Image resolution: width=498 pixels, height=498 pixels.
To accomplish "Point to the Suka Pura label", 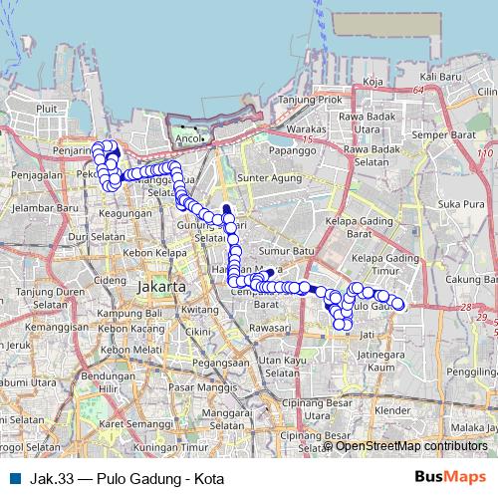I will point(453,204).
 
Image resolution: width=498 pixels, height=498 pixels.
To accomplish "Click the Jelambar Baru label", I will point(32,209).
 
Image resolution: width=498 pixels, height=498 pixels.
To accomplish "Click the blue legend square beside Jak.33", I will point(15,479).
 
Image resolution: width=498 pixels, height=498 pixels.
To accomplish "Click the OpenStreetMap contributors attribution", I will point(410,446).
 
